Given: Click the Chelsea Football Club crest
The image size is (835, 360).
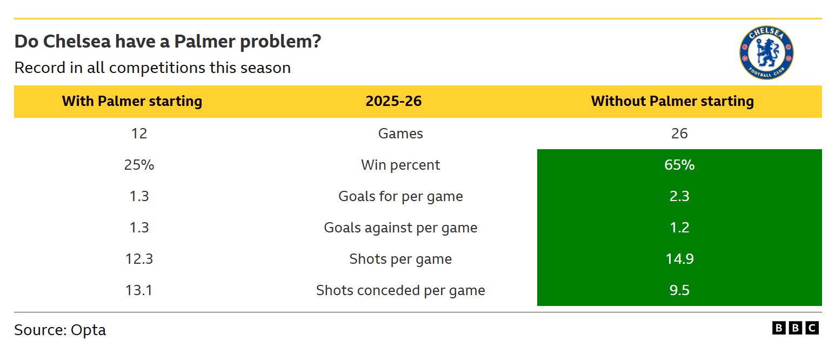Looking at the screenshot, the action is click(766, 52).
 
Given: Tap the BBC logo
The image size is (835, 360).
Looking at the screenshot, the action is click(795, 328).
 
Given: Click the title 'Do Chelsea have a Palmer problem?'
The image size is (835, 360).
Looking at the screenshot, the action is click(168, 42).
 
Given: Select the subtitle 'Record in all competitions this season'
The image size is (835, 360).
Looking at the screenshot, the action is click(152, 68).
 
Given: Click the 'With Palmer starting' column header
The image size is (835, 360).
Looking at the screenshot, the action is click(132, 102).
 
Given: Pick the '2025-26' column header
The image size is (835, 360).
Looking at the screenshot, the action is click(393, 102).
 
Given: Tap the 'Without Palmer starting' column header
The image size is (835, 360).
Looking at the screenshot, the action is click(672, 102).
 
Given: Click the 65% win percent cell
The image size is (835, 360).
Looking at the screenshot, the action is click(679, 165).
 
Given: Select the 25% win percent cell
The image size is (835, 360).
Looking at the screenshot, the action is click(139, 165).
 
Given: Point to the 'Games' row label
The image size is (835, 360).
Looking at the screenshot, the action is click(400, 134).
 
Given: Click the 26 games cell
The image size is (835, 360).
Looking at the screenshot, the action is click(679, 134).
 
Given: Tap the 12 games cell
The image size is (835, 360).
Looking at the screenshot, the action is click(139, 134).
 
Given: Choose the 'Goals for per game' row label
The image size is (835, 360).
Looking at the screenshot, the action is click(400, 197).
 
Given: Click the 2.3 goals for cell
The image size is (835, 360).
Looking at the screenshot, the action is click(679, 196).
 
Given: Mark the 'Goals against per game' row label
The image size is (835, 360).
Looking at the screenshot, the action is click(400, 228).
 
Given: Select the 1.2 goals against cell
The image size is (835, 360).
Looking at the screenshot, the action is click(679, 228).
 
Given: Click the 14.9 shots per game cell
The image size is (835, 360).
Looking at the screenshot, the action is click(679, 259).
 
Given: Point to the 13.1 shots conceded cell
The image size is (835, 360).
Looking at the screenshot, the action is click(139, 290).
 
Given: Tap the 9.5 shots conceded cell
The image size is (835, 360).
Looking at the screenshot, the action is click(679, 290).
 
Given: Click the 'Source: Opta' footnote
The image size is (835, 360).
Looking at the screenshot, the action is click(60, 330).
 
